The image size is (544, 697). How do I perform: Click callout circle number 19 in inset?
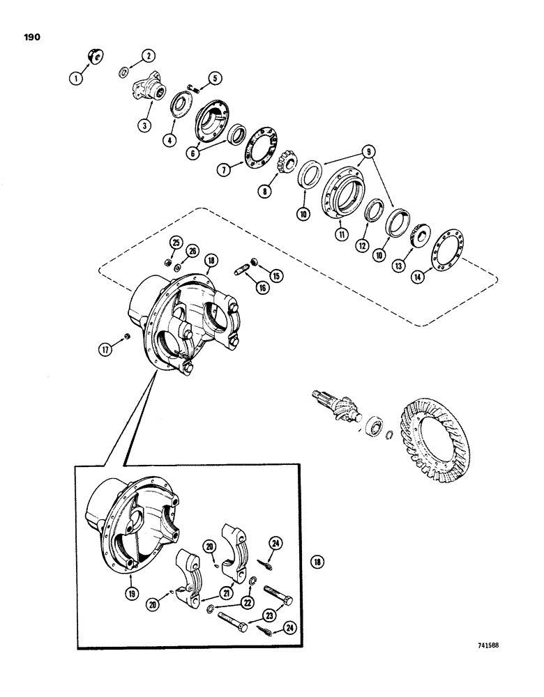tap(130, 594)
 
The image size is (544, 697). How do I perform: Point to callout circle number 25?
tap(176, 243)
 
